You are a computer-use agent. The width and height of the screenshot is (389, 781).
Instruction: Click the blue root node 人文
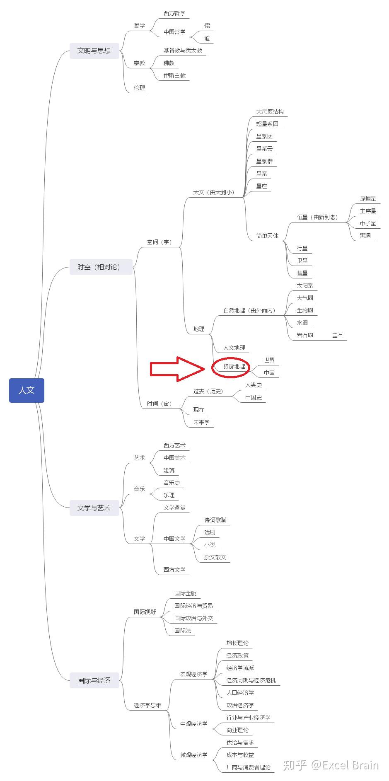tap(27, 390)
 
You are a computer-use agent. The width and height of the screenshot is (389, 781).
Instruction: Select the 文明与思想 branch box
tap(94, 51)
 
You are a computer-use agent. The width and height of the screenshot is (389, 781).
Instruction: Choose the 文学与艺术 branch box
tap(94, 508)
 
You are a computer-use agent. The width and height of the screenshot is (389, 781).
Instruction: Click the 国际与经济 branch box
tap(94, 680)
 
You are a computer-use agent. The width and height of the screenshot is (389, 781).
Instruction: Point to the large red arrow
tap(177, 368)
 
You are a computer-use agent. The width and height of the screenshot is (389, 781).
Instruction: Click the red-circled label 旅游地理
tap(234, 367)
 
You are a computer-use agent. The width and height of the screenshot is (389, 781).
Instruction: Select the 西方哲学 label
tap(174, 14)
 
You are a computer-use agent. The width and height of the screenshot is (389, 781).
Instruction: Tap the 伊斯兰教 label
tap(174, 76)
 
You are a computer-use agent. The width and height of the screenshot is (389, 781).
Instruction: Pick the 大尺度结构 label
tap(270, 112)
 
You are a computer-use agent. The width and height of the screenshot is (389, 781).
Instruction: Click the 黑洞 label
tap(365, 236)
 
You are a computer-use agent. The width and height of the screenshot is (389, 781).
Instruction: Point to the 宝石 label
tap(338, 336)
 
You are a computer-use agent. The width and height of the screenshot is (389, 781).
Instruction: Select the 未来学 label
tap(201, 423)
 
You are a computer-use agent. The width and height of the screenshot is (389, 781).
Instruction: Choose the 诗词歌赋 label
tap(215, 520)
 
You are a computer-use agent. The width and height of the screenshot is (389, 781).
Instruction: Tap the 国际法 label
tap(183, 631)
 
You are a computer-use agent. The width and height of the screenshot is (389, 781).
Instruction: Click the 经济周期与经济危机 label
tap(251, 680)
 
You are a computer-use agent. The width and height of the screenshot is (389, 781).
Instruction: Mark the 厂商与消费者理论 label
tap(248, 767)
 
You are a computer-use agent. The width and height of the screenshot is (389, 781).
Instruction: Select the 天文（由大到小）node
tap(213, 192)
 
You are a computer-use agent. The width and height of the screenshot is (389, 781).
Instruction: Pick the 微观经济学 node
tap(193, 755)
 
